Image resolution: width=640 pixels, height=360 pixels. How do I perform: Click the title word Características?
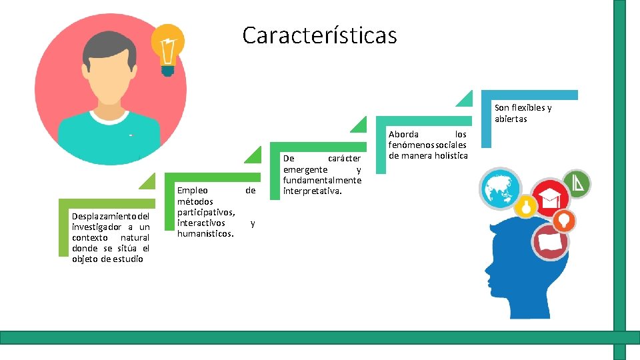click(319, 35)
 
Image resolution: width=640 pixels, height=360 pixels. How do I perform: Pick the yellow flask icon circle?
click(526, 207)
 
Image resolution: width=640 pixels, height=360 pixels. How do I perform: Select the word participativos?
click(205, 212)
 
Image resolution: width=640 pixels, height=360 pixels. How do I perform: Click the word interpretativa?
click(313, 191)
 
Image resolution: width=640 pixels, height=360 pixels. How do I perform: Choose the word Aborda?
click(404, 134)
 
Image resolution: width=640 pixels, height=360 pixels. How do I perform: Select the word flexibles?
click(528, 108)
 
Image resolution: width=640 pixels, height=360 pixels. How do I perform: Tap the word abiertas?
click(511, 119)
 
